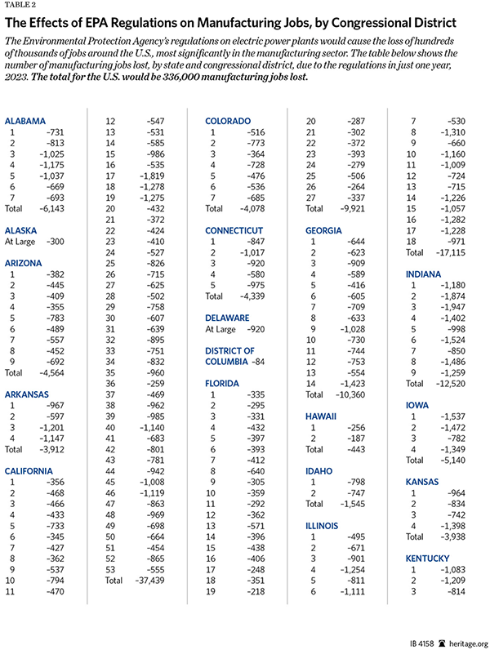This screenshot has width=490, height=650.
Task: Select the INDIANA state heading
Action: click(x=426, y=275)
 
